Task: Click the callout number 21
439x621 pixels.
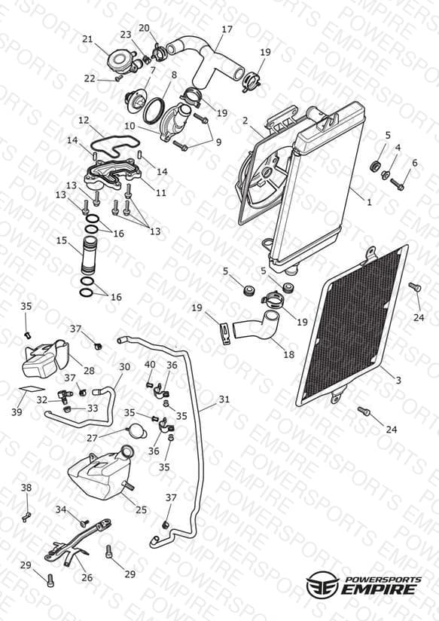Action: coord(87,39)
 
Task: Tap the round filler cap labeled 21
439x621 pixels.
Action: coord(119,62)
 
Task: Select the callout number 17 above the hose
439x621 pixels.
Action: coord(227,29)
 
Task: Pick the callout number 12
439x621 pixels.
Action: coord(84,120)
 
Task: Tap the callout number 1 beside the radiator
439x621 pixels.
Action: coord(369,203)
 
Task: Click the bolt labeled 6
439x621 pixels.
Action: coord(397,183)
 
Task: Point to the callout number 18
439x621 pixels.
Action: coord(289,354)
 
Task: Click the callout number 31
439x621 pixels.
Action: coord(224,399)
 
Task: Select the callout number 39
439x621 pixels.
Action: coord(17,412)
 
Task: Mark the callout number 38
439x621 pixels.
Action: coord(26,488)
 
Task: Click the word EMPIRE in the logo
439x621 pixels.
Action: coord(379,589)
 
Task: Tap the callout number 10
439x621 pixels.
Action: coord(130,127)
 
